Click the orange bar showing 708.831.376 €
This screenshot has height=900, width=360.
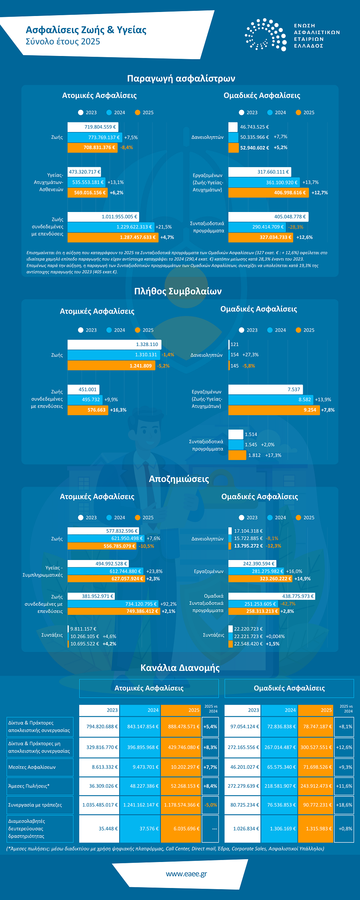93,148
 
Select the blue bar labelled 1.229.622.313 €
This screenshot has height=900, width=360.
111,227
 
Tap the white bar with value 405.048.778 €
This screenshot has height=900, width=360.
268,217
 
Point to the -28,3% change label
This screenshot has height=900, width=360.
296,227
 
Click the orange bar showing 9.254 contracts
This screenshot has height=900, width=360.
274,410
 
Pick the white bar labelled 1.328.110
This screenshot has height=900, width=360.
114,344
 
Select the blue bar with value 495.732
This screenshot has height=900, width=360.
85,400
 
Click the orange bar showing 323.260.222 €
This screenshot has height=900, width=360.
260,579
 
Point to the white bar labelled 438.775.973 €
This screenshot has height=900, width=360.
272,596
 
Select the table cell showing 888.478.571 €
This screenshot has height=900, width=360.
180,726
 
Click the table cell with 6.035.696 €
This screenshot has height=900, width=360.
180,828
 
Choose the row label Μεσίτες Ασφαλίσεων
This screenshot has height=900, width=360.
32,767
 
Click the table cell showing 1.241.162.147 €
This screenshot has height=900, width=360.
140,805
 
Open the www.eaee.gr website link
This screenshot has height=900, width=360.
186,874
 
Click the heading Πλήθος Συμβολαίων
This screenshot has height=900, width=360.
178,291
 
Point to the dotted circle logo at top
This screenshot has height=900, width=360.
266,34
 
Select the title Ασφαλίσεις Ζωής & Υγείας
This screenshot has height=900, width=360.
86,30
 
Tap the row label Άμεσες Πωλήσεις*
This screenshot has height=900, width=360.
29,786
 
